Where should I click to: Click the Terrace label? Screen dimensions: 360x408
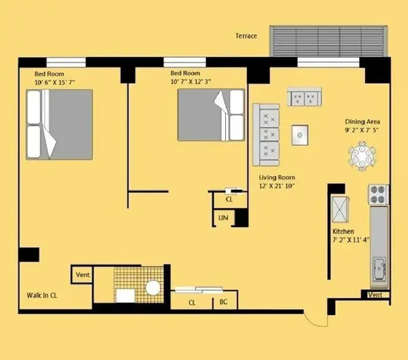246,35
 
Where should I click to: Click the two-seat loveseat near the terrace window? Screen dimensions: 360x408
304,98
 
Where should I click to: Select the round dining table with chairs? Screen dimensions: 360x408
362,157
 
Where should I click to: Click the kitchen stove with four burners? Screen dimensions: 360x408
377,195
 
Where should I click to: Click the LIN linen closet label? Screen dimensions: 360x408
222,218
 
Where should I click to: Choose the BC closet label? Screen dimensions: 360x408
223,303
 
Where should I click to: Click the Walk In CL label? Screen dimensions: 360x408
41,295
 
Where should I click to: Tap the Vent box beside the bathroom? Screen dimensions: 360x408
82,275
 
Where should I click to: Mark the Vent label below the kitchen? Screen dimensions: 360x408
375,295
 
